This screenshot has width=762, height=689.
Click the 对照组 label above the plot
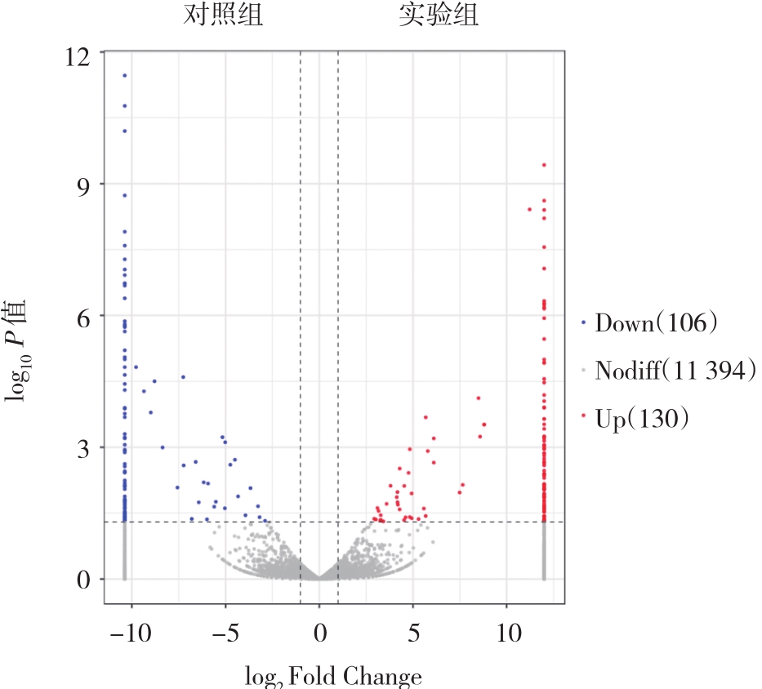[223, 16]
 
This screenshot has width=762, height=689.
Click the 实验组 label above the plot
[439, 16]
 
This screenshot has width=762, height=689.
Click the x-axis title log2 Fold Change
[333, 677]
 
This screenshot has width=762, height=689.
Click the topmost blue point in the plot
[124, 75]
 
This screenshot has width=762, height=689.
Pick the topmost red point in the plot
[544, 165]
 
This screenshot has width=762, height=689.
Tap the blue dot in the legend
[583, 323]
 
